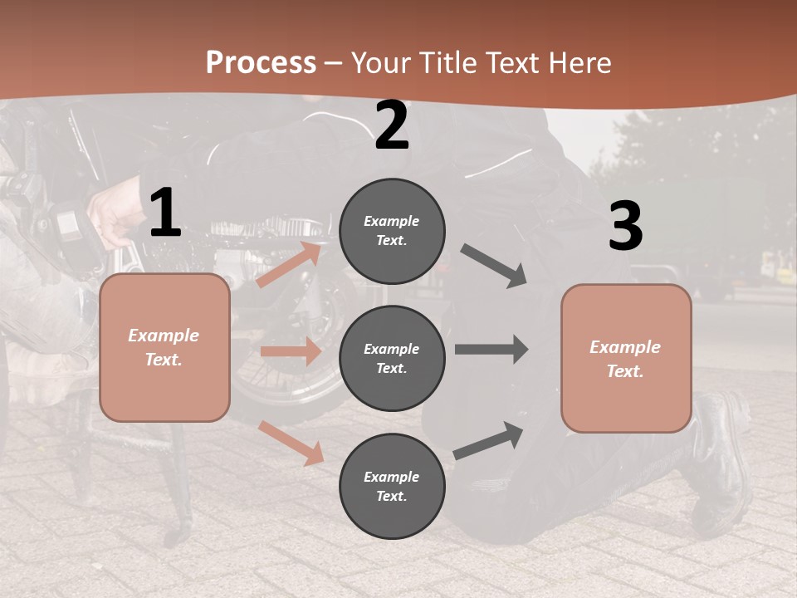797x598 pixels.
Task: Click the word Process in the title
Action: click(261, 63)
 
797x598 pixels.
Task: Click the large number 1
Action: click(165, 213)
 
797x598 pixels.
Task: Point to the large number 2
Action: click(392, 126)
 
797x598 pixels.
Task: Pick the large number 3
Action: click(626, 227)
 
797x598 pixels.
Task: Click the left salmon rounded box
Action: click(164, 347)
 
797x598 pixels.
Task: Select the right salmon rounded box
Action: click(626, 359)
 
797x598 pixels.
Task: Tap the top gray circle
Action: click(392, 231)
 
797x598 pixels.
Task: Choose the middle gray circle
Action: click(392, 359)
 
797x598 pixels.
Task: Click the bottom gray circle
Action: click(392, 487)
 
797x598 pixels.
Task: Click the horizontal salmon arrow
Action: click(291, 351)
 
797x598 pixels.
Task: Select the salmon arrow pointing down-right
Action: click(291, 443)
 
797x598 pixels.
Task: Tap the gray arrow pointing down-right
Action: click(494, 266)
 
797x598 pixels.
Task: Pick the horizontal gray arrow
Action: click(491, 349)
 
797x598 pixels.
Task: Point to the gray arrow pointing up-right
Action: click(489, 440)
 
